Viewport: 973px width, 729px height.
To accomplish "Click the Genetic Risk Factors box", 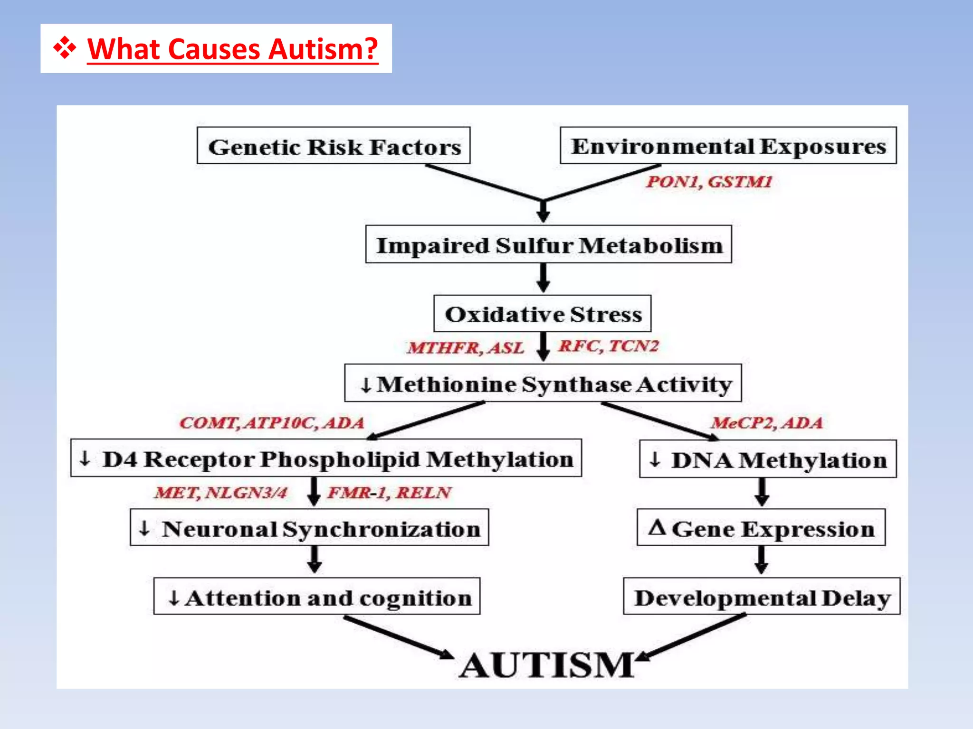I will pyautogui.click(x=334, y=146).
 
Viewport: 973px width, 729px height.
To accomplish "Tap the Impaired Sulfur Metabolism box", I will pyautogui.click(x=548, y=244).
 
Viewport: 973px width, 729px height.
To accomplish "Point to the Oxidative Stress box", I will pyautogui.click(x=542, y=314).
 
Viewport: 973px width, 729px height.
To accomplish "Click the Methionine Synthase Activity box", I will pyautogui.click(x=543, y=383).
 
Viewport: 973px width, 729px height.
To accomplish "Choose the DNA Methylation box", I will pyautogui.click(x=767, y=459).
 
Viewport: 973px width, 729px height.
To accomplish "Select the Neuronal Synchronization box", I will pyautogui.click(x=309, y=528).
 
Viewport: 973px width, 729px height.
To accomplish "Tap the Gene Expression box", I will pyautogui.click(x=761, y=528).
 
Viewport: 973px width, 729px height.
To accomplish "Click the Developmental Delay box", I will pyautogui.click(x=761, y=597).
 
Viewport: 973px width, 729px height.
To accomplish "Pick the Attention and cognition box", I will pyautogui.click(x=316, y=597).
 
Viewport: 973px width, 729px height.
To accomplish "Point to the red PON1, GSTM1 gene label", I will pyautogui.click(x=708, y=182).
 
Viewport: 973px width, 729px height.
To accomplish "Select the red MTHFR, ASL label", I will pyautogui.click(x=465, y=348).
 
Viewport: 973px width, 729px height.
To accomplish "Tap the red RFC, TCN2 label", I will pyautogui.click(x=608, y=346).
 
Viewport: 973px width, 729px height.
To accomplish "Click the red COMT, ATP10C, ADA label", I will pyautogui.click(x=271, y=422).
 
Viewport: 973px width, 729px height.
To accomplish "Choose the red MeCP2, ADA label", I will pyautogui.click(x=766, y=422).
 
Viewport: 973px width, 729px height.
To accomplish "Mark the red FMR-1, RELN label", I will pyautogui.click(x=389, y=493).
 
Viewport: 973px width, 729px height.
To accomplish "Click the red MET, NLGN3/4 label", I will pyautogui.click(x=220, y=493).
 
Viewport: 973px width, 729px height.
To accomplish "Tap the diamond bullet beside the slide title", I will pyautogui.click(x=65, y=48).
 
